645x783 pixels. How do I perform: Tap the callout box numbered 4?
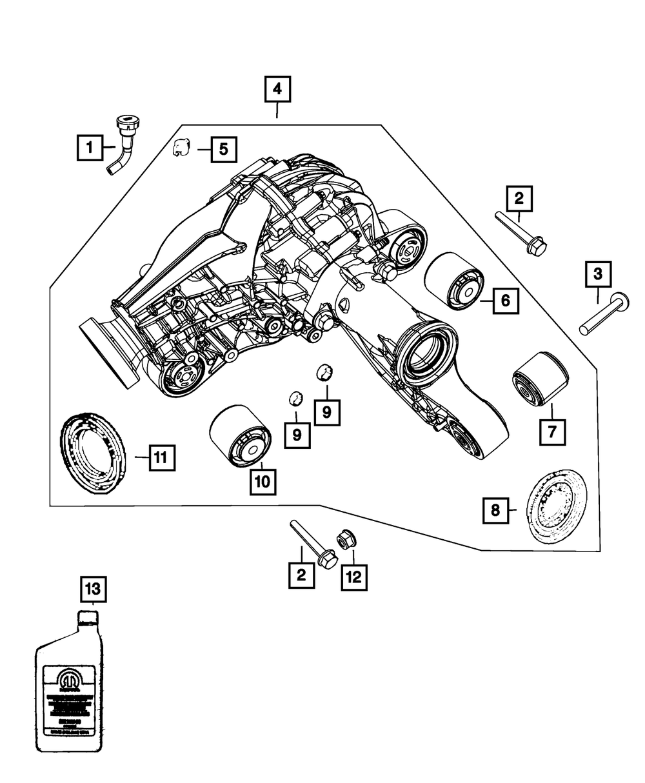(277, 90)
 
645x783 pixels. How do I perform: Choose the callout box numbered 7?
(553, 433)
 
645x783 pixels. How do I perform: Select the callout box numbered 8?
(495, 511)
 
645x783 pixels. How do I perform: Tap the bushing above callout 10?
(239, 435)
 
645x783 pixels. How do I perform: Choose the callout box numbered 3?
(598, 275)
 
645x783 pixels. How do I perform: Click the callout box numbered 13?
(93, 589)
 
